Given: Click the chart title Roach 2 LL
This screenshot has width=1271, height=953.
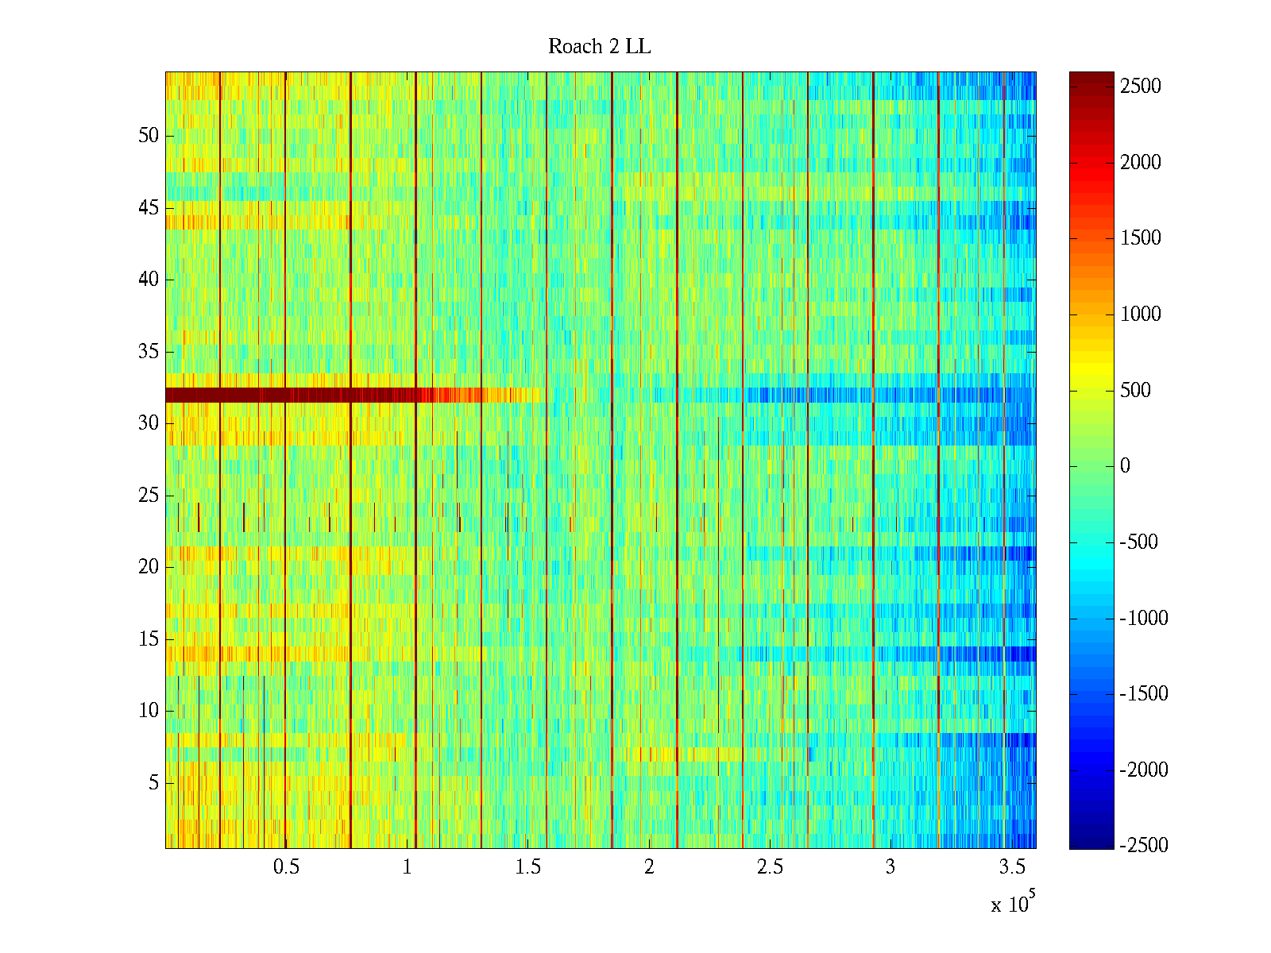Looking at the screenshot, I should tap(599, 47).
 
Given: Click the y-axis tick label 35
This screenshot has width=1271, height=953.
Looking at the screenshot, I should tap(149, 352).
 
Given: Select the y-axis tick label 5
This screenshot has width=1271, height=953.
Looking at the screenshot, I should tap(153, 783).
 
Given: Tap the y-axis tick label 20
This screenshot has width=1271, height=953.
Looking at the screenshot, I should tap(149, 567).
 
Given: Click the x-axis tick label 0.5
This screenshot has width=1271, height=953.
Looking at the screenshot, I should tap(286, 867).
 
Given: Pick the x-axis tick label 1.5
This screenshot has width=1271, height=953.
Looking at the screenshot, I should tap(527, 867).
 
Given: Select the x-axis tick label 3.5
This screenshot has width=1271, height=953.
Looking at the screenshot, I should tap(1011, 867).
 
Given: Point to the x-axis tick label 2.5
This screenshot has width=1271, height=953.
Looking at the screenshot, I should tap(770, 867).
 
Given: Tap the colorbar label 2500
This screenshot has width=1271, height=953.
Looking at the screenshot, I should tap(1141, 87).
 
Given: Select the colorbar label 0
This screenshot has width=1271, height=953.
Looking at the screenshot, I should tap(1125, 466).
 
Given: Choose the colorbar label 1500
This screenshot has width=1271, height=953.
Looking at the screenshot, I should tap(1141, 238).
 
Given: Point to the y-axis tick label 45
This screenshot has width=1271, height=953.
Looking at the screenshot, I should tap(149, 208).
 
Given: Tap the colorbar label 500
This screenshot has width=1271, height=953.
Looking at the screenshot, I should tap(1136, 390).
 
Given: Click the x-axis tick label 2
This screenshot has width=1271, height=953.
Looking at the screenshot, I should tap(649, 867).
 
